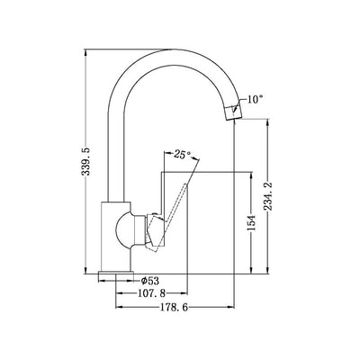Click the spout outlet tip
[x=235, y=112]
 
